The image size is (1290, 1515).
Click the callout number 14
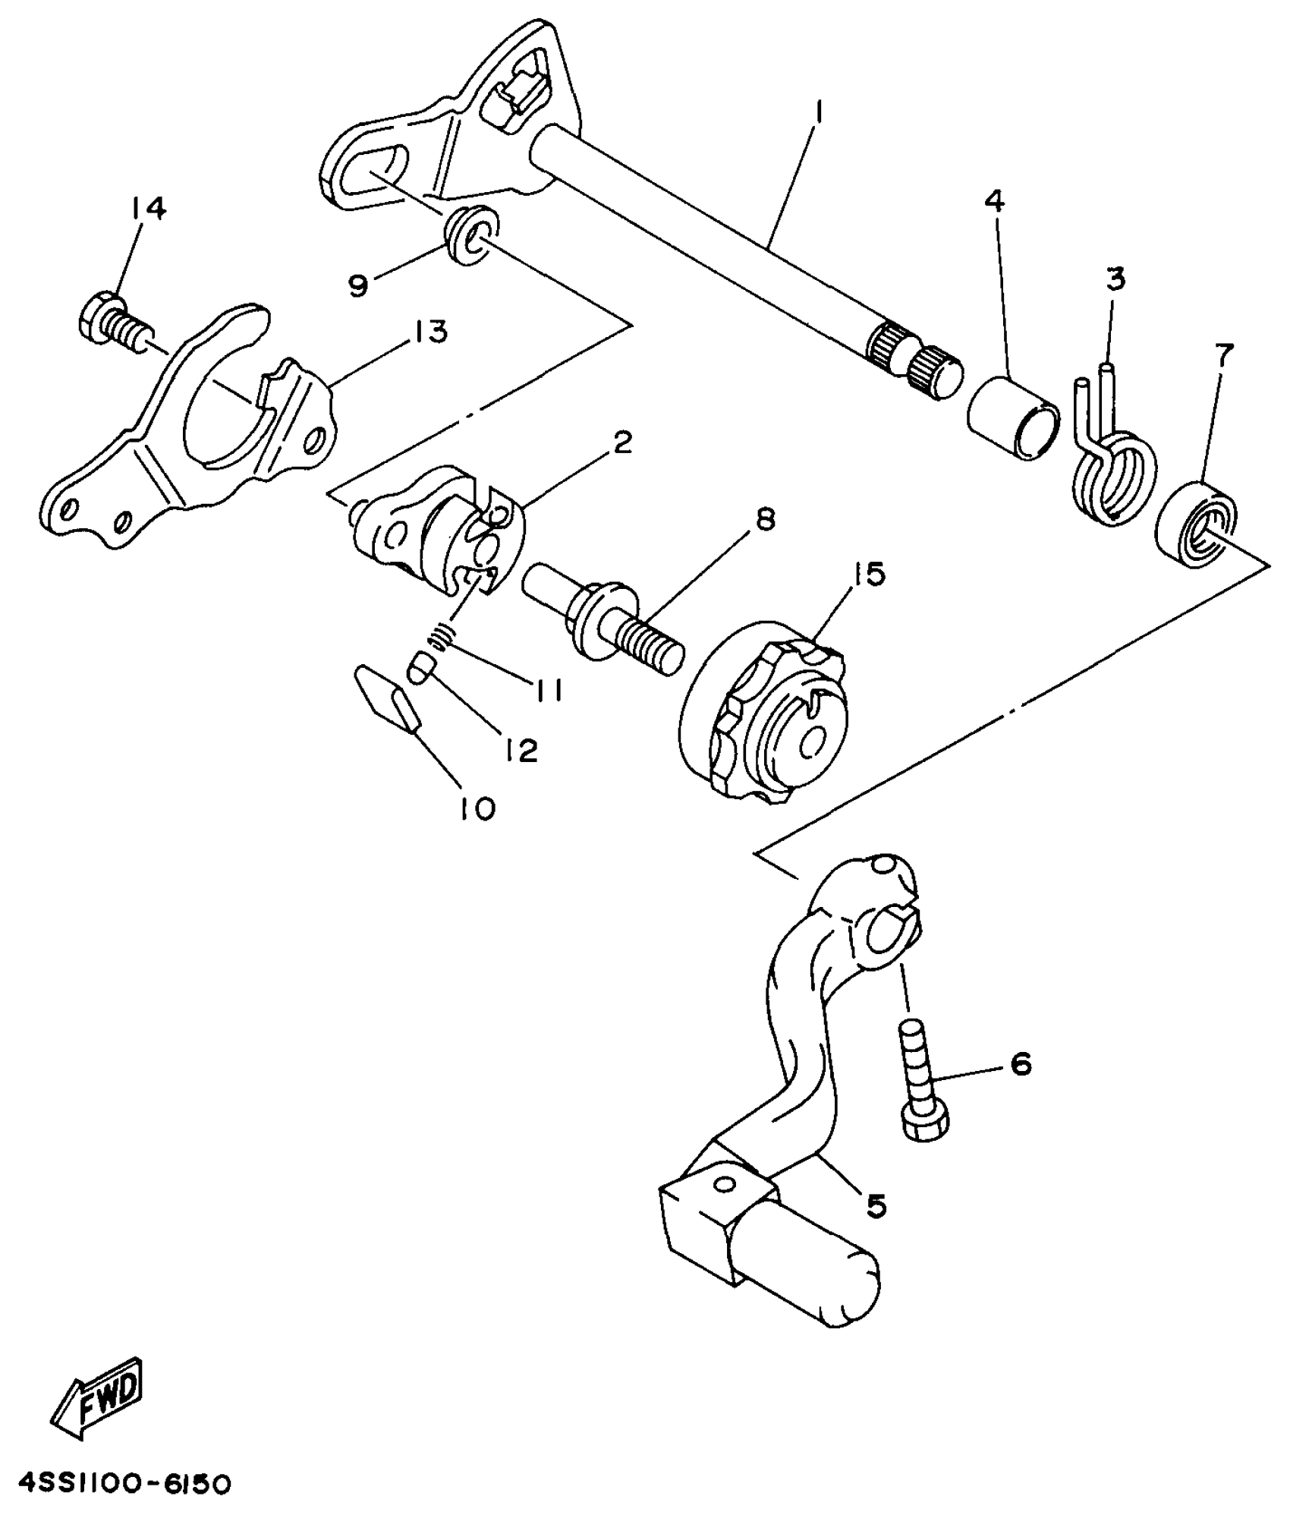point(148,208)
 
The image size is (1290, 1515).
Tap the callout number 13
point(431,332)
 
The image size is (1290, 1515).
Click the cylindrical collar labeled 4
point(1012,418)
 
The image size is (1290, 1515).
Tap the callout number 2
point(621,443)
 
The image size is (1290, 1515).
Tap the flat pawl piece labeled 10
point(388,698)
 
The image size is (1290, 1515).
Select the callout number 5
point(876,1205)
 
